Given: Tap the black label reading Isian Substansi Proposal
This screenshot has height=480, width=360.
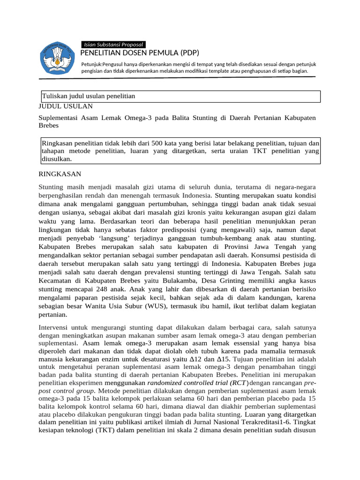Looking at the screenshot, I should tap(112, 44).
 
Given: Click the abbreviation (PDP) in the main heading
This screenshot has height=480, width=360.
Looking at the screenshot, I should tap(180, 52).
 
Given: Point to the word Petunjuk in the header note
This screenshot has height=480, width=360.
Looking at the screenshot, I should tap(92, 64).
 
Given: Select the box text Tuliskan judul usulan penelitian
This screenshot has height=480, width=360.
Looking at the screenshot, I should tap(89, 96).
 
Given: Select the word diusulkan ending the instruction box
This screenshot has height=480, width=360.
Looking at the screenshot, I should tap(57, 159).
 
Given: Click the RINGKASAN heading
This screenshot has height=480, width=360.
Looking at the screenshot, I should tap(60, 173).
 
